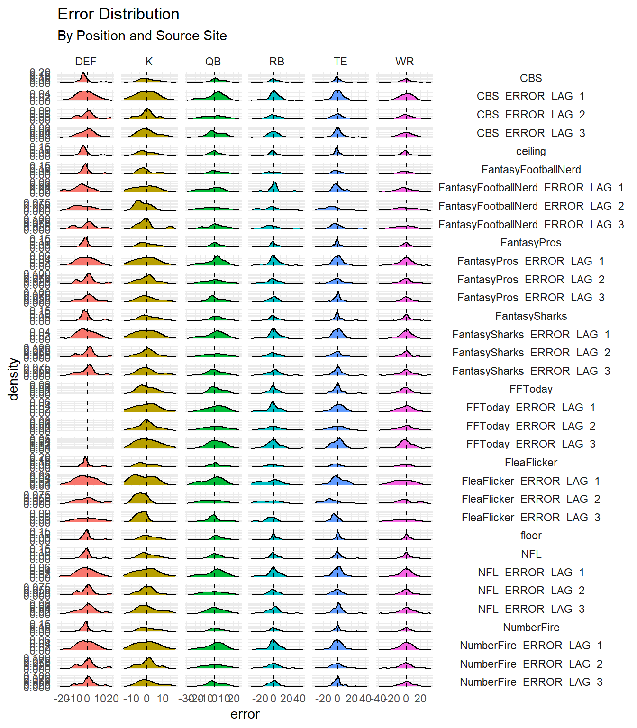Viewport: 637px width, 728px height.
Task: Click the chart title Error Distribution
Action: pyautogui.click(x=118, y=14)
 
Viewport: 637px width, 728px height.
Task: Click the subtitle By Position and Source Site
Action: pyautogui.click(x=142, y=36)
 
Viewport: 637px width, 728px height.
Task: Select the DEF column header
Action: pyautogui.click(x=85, y=62)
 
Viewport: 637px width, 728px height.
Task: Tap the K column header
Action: pyautogui.click(x=149, y=62)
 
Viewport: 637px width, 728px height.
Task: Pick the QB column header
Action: pyautogui.click(x=213, y=62)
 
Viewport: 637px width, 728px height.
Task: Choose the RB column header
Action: pyautogui.click(x=277, y=62)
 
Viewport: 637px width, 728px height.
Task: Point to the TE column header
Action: pyautogui.click(x=340, y=62)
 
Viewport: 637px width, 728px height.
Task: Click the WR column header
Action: pyautogui.click(x=404, y=62)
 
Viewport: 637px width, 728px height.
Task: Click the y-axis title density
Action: pyautogui.click(x=13, y=379)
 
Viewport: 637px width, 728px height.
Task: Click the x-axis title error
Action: pyautogui.click(x=245, y=714)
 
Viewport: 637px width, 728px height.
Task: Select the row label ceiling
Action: pyautogui.click(x=531, y=151)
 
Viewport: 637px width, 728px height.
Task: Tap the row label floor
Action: pyautogui.click(x=531, y=536)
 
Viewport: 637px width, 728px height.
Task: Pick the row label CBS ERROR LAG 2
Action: pyautogui.click(x=531, y=115)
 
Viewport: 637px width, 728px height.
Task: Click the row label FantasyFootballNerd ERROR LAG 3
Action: pyautogui.click(x=531, y=225)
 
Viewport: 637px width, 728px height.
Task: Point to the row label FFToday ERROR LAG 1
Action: pyautogui.click(x=531, y=408)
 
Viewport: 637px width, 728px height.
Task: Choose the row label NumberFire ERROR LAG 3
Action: pyautogui.click(x=531, y=682)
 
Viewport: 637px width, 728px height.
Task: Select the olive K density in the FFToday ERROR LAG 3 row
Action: pyautogui.click(x=147, y=445)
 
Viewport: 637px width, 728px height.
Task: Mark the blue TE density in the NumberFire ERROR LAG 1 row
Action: pyautogui.click(x=338, y=646)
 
